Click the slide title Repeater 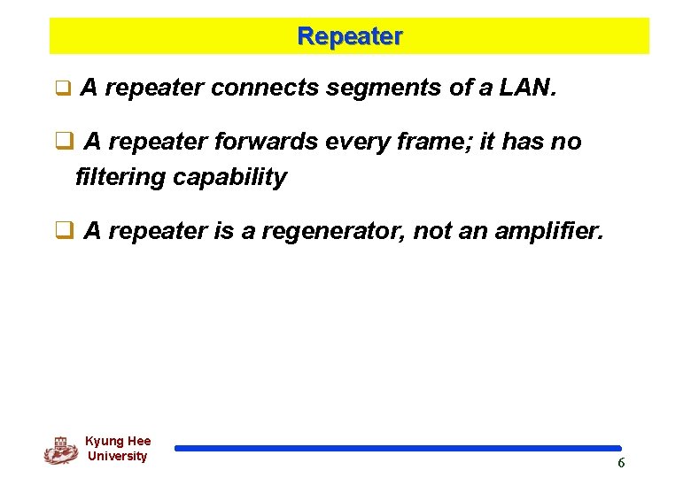pos(350,36)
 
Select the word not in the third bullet pos(431,231)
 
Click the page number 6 pos(621,463)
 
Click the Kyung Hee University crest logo pos(60,450)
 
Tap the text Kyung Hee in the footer pos(118,441)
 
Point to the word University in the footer pos(118,456)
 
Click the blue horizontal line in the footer pos(398,448)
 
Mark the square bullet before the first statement pos(62,89)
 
